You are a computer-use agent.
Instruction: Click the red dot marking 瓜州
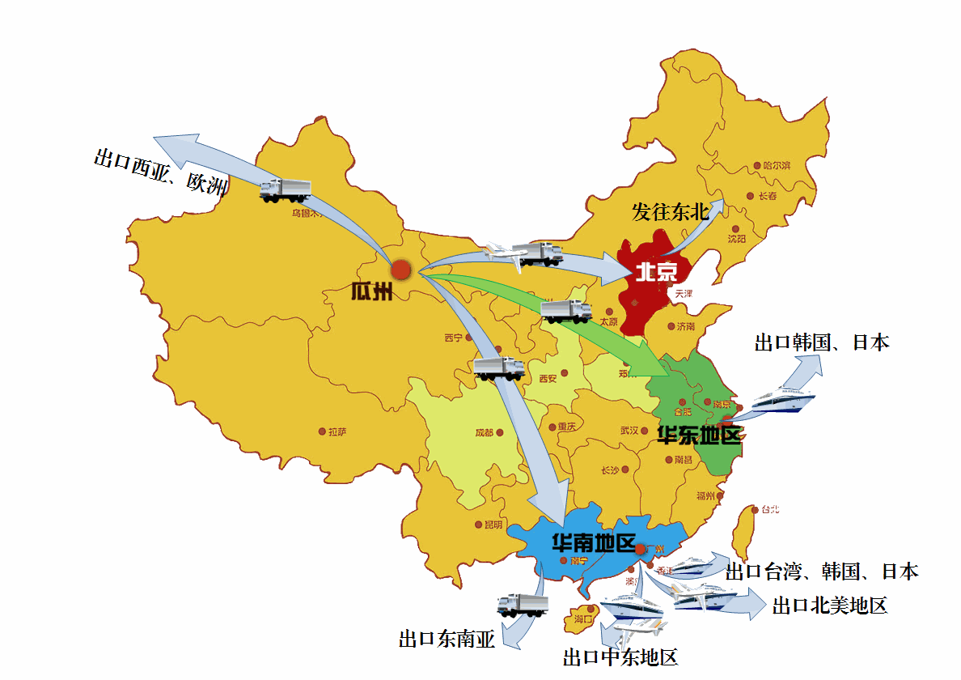pyautogui.click(x=401, y=270)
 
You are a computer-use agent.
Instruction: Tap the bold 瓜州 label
pyautogui.click(x=371, y=291)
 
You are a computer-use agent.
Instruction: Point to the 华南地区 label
pyautogui.click(x=593, y=542)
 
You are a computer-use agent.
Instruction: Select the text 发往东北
pyautogui.click(x=670, y=213)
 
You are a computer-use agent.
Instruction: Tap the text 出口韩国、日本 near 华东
pyautogui.click(x=821, y=342)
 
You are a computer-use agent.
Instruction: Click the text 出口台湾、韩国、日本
pyautogui.click(x=821, y=572)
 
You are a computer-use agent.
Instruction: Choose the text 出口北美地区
pyautogui.click(x=829, y=606)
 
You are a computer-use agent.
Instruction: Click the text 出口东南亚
pyautogui.click(x=446, y=640)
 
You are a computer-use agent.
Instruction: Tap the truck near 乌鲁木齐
pyautogui.click(x=285, y=190)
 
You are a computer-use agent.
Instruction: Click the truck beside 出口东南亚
pyautogui.click(x=522, y=605)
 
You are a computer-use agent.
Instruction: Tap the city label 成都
pyautogui.click(x=484, y=433)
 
